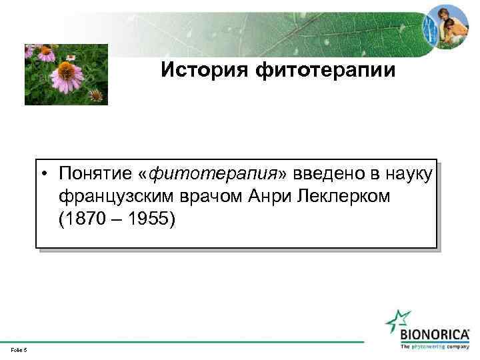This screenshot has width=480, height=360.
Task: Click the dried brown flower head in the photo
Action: [96, 95]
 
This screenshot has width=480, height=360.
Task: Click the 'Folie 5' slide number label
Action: [18, 349]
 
